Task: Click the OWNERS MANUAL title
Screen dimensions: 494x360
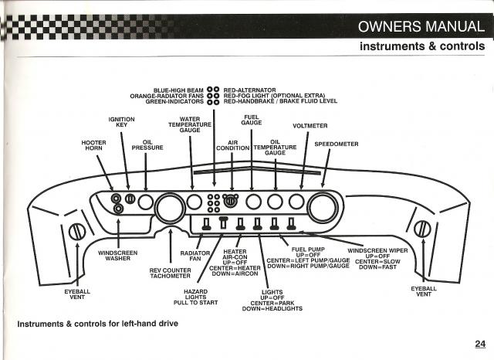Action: pos(421,26)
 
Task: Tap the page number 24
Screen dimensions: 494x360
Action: pos(480,344)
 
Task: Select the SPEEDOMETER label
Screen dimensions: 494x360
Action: pos(337,144)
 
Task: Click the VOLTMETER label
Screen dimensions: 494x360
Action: pos(310,126)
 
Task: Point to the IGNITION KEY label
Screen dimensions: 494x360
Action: pos(122,122)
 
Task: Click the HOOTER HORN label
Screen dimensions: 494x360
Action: pos(94,145)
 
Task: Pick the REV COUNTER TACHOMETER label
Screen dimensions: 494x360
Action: pos(170,273)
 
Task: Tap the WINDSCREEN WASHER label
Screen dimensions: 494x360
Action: pos(118,256)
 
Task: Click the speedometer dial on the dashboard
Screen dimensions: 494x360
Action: pos(323,207)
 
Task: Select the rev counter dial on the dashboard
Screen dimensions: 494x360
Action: pos(170,207)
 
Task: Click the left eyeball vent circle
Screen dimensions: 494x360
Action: pos(77,232)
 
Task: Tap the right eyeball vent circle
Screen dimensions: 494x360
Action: pos(422,229)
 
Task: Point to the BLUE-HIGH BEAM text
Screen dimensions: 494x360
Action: pos(178,90)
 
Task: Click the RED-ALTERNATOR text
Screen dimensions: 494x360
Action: pos(249,90)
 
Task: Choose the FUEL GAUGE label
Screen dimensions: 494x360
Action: pos(252,120)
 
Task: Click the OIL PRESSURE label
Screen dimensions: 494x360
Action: pos(147,145)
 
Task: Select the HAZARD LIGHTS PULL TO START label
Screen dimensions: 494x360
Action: pos(195,297)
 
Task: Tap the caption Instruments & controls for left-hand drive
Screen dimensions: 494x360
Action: pos(98,324)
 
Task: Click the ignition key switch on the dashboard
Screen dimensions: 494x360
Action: pos(130,199)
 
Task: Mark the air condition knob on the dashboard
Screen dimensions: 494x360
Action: pos(231,201)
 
